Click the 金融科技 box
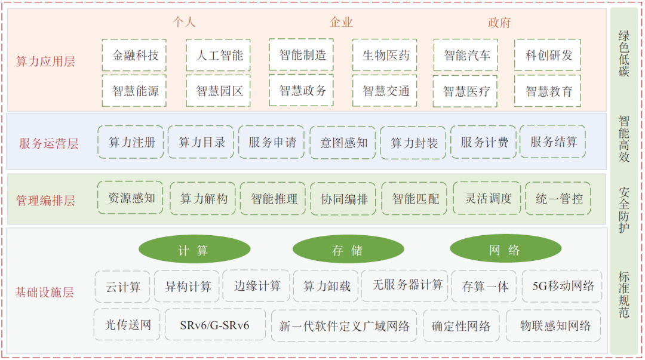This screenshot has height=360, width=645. [x=135, y=56]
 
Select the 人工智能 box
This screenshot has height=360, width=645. [x=219, y=56]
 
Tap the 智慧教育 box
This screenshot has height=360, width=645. [x=548, y=91]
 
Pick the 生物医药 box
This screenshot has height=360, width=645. [x=386, y=56]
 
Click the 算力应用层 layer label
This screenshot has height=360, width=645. [x=46, y=61]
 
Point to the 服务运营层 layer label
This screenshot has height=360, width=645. [x=48, y=143]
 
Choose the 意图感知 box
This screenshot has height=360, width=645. [x=343, y=143]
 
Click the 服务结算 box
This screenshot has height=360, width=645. [x=553, y=142]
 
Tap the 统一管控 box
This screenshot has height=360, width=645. [x=558, y=198]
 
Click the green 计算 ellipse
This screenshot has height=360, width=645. [x=194, y=250]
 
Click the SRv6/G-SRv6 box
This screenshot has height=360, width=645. [x=214, y=325]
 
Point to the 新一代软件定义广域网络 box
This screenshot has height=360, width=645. [x=345, y=326]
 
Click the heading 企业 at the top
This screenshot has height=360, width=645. [x=341, y=23]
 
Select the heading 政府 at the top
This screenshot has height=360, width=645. [x=499, y=23]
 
